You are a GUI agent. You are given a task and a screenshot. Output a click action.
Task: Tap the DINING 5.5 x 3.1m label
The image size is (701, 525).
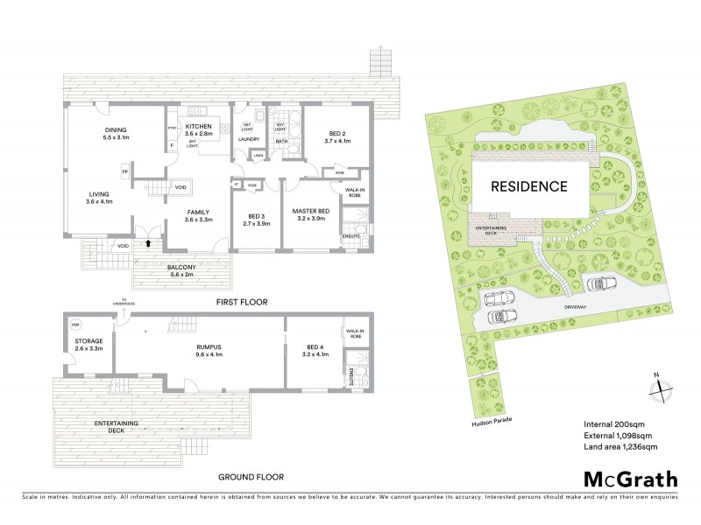(x=117, y=134)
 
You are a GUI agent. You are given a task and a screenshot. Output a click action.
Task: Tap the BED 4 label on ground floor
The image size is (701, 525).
(x=314, y=350)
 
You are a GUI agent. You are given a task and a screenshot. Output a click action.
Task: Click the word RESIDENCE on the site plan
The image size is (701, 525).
(x=528, y=186)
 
